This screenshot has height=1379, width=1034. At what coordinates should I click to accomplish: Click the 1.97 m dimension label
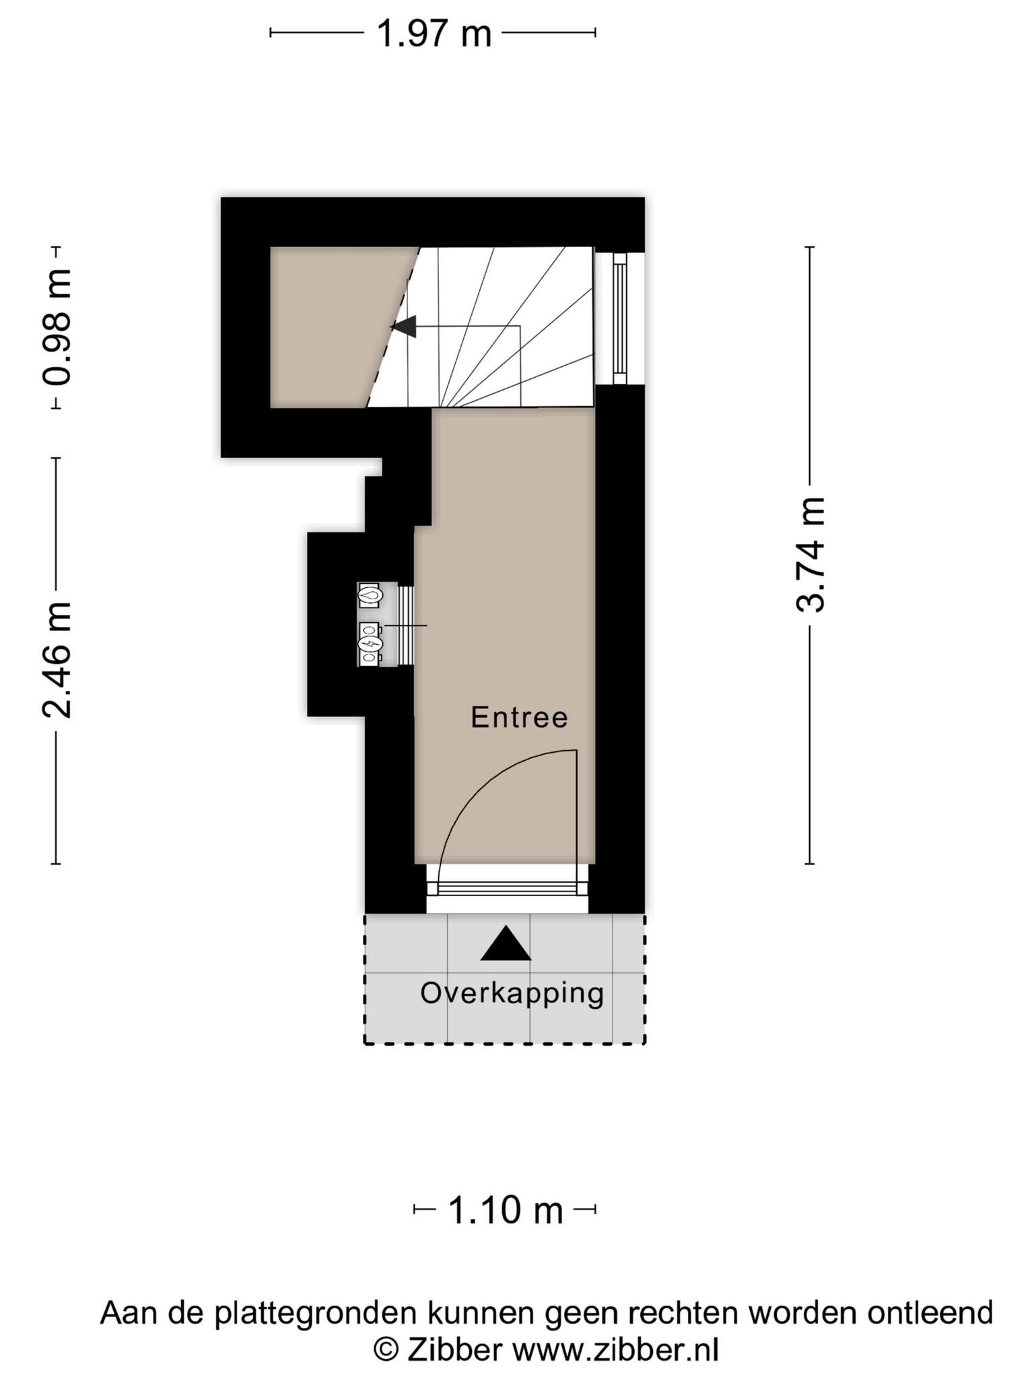click(434, 33)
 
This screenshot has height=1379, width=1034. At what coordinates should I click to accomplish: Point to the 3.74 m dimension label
click(810, 555)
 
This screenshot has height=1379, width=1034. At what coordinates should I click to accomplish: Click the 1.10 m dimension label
click(505, 1211)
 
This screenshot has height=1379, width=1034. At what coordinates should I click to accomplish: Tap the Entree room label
click(519, 717)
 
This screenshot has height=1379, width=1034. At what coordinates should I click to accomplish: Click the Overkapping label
click(512, 993)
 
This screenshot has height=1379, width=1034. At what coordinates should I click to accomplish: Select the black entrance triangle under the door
click(506, 943)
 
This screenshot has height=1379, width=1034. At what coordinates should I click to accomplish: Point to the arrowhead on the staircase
click(404, 327)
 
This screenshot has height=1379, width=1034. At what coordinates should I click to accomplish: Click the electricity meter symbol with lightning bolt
click(370, 644)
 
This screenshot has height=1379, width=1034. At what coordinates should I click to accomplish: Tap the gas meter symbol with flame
click(370, 595)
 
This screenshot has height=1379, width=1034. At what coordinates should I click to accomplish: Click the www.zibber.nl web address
click(616, 1350)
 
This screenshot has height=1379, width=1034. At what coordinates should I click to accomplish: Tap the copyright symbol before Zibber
click(386, 1350)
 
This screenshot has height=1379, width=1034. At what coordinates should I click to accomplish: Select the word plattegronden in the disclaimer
click(319, 1314)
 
